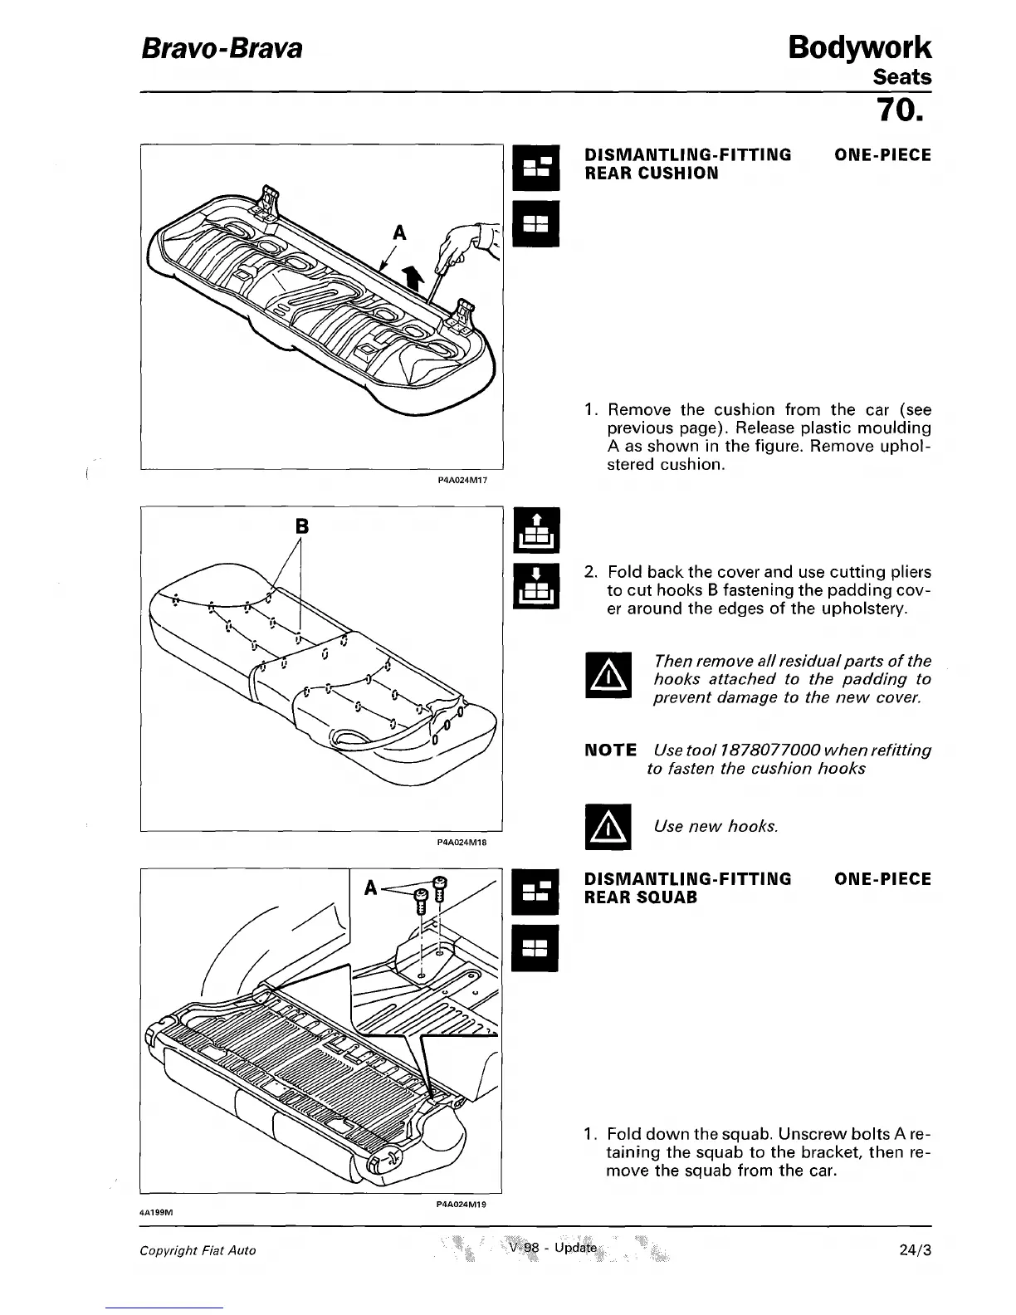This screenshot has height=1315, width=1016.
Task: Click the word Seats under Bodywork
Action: (x=902, y=77)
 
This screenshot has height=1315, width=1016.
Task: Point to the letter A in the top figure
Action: (x=399, y=234)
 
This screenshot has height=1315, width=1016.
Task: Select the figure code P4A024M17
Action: (x=461, y=478)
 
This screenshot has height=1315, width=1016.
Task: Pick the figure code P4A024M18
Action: (x=461, y=842)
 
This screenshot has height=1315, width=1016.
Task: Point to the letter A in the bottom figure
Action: (x=372, y=888)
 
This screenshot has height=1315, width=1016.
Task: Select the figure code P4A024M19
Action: (x=461, y=1204)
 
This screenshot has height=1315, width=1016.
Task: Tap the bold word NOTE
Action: (x=610, y=750)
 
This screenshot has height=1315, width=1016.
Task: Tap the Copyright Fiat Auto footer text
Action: (x=198, y=1250)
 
